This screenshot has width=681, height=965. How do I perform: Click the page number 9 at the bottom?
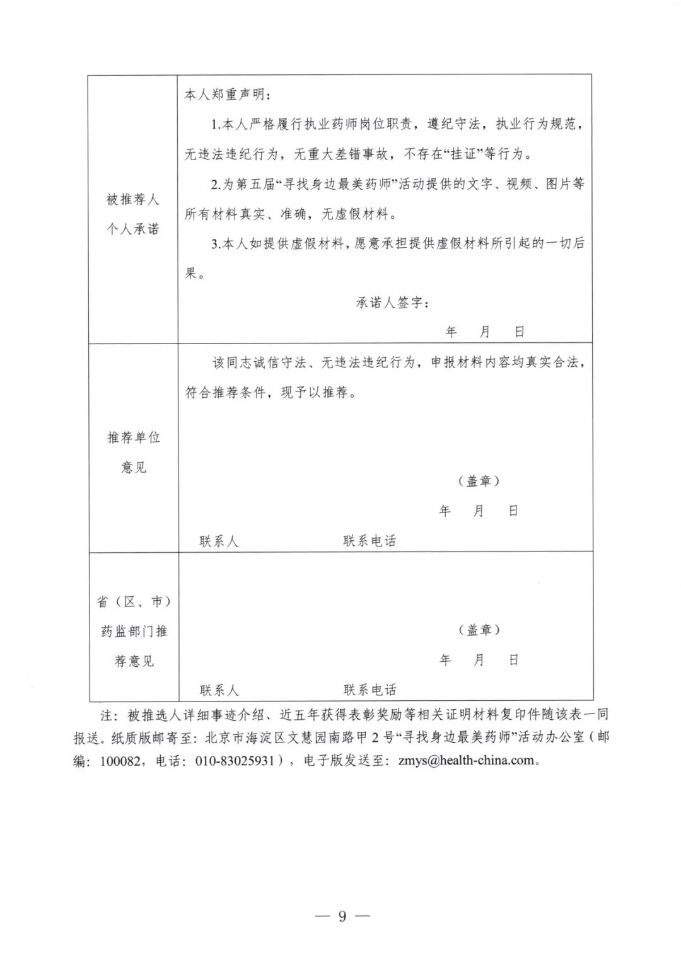[x=342, y=916]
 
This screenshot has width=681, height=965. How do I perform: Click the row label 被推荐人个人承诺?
[x=132, y=214]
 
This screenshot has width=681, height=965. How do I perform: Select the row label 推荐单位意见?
[x=134, y=452]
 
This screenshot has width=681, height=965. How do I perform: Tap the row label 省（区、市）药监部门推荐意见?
[x=134, y=631]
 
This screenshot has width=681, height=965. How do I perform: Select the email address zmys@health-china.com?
[x=466, y=760]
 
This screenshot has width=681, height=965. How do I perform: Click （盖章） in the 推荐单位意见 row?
[x=479, y=481]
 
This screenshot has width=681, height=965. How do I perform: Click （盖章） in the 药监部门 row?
[x=479, y=630]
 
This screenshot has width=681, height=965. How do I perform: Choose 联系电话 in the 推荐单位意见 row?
[x=370, y=541]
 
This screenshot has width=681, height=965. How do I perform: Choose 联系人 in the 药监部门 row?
[x=219, y=690]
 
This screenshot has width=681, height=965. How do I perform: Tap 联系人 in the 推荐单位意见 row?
[x=219, y=541]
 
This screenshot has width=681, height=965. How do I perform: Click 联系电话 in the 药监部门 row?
[x=370, y=690]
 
